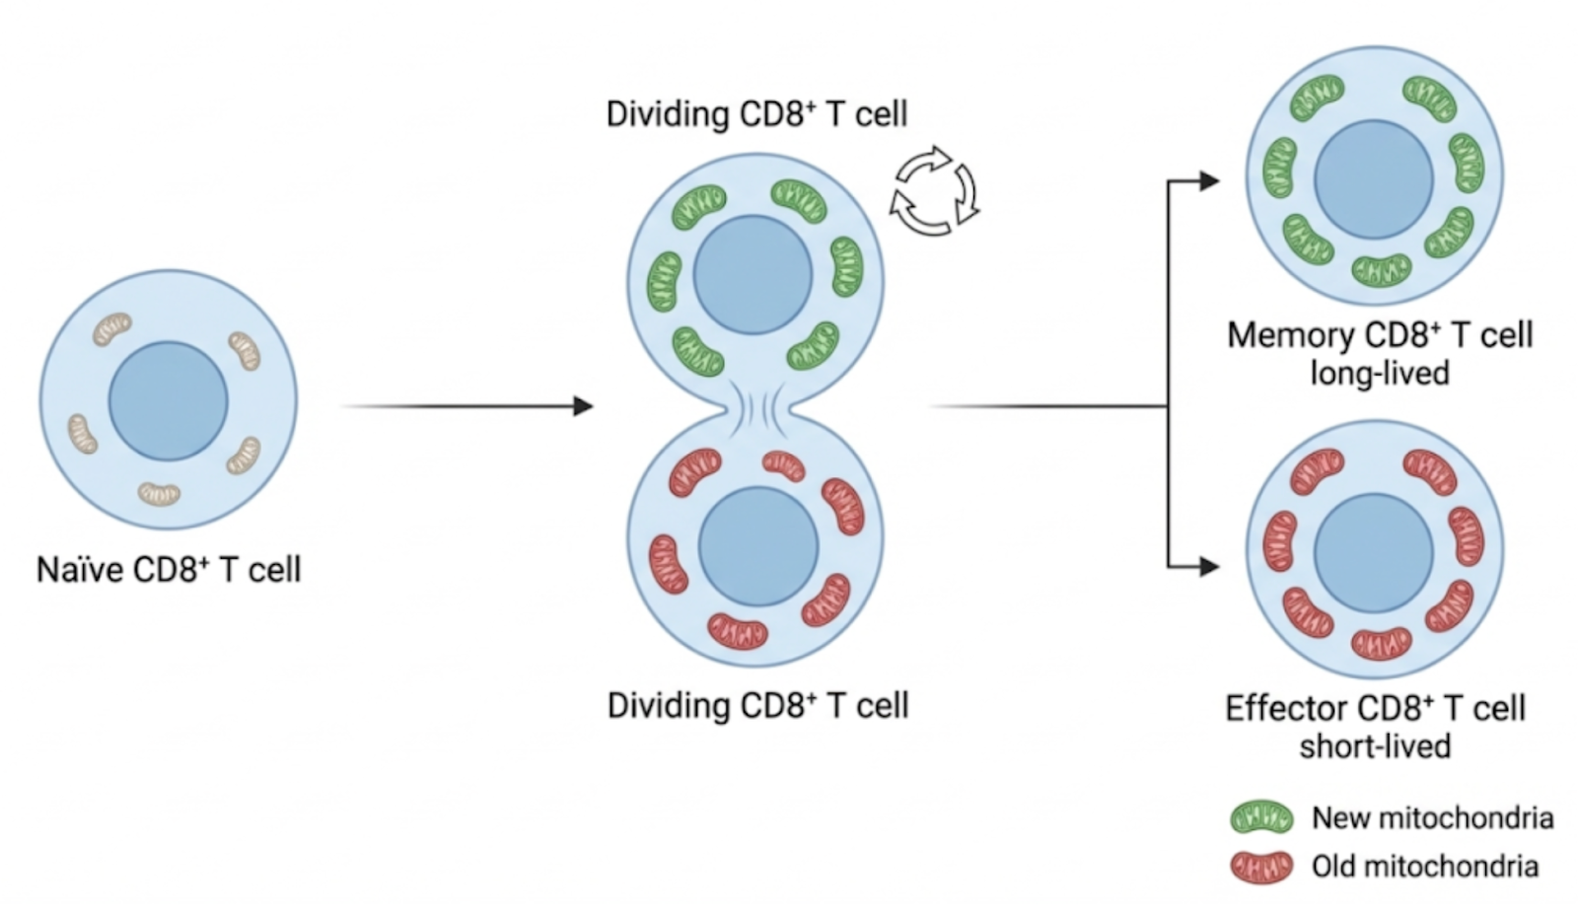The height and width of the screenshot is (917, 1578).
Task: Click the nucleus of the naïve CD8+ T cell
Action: [x=168, y=401]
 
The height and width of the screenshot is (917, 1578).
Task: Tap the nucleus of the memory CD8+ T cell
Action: [x=1374, y=179]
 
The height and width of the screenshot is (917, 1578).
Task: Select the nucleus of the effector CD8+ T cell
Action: [x=1374, y=552]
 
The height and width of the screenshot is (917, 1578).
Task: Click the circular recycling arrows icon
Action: [x=934, y=191]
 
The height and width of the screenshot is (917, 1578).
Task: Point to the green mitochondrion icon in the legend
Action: [x=1261, y=817]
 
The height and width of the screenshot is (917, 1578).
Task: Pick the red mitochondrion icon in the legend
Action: [x=1261, y=867]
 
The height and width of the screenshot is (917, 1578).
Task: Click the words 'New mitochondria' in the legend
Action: [x=1432, y=817]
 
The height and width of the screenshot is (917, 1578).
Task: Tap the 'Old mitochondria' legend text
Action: [x=1424, y=867]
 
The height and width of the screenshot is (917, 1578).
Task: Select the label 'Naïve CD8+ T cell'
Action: [x=169, y=570]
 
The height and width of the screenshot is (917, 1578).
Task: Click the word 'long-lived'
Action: [x=1379, y=374]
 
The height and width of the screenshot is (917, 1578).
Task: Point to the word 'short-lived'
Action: [x=1375, y=746]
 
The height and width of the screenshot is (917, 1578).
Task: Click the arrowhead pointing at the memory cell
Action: [x=1209, y=181]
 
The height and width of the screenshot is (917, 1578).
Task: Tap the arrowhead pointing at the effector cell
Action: [x=1209, y=567]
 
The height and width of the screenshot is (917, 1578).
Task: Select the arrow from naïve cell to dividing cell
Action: [x=464, y=406]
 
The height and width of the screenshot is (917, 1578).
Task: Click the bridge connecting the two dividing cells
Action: [x=756, y=406]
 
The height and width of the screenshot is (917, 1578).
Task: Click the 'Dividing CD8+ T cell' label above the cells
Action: [x=756, y=114]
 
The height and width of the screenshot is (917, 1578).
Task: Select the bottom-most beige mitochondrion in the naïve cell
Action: [x=159, y=492]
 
